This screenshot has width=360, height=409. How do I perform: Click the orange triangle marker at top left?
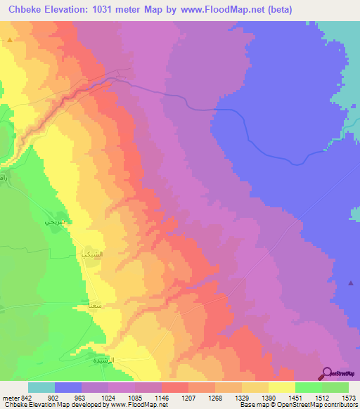(x=10, y=41)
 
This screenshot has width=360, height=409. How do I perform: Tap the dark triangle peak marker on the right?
(x=351, y=283)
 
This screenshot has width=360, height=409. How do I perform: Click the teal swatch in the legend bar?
(x=41, y=387)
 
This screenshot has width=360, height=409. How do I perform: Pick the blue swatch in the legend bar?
(x=68, y=387)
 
